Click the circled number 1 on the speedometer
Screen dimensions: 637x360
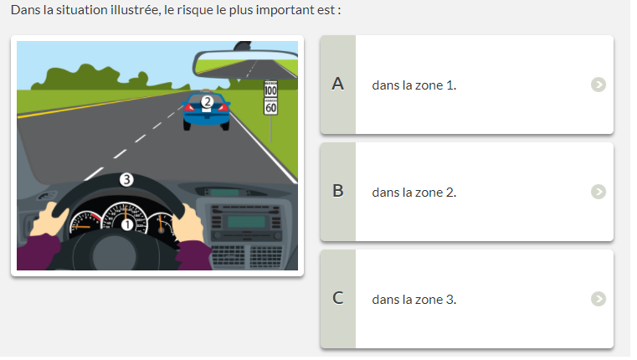(x=127, y=224)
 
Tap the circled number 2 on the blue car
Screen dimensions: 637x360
(x=208, y=101)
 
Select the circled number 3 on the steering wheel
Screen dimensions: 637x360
(x=126, y=179)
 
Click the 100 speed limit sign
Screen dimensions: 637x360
(x=270, y=89)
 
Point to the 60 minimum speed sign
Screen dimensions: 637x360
(x=270, y=107)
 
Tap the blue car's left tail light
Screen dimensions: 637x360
(x=189, y=107)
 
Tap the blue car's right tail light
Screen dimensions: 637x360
(x=223, y=107)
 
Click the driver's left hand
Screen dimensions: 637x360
(x=49, y=220)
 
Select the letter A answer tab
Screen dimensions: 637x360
(x=338, y=85)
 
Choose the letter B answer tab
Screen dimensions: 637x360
(x=338, y=192)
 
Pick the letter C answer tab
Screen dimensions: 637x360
(x=338, y=299)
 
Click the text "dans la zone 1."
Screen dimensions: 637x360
(x=414, y=85)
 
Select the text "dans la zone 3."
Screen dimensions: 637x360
(x=414, y=300)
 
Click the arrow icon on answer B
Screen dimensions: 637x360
(x=598, y=192)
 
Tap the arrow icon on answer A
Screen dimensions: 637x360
(x=598, y=85)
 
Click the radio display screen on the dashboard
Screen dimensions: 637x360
(x=246, y=222)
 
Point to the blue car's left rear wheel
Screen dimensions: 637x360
(x=187, y=125)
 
